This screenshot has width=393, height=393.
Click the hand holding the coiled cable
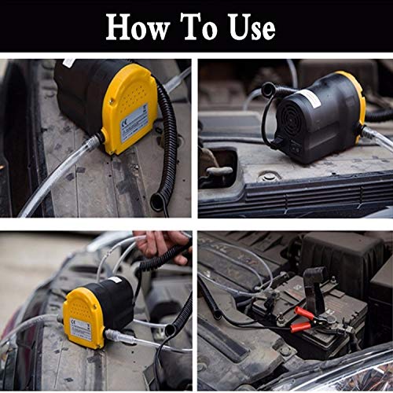point(161,244)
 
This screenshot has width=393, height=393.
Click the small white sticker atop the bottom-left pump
point(114,280)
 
